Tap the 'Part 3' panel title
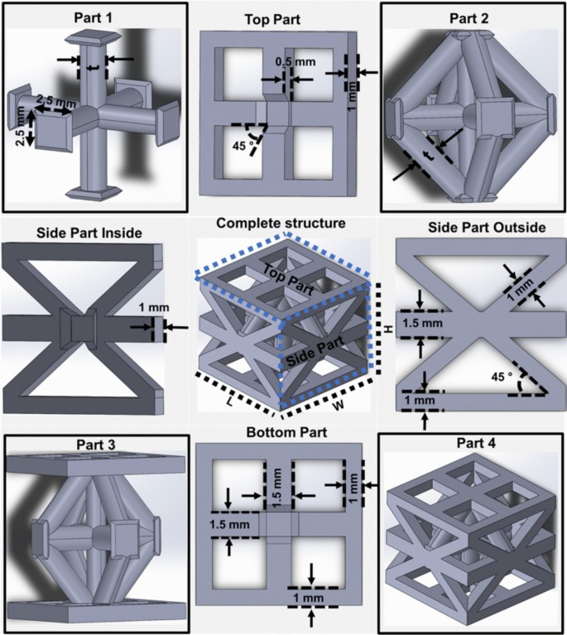tap(93, 445)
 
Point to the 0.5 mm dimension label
tap(288, 62)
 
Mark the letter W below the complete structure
tap(340, 405)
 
